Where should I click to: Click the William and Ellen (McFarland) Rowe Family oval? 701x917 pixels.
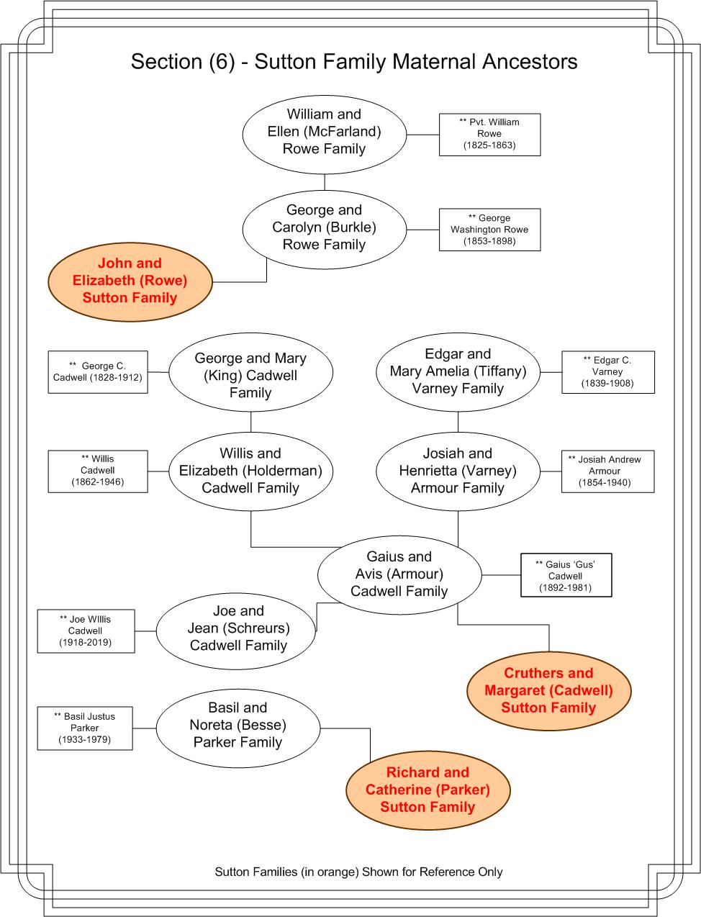(x=324, y=134)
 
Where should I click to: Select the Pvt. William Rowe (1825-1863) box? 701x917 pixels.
(x=489, y=135)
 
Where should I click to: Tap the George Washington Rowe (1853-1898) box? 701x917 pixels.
(x=489, y=230)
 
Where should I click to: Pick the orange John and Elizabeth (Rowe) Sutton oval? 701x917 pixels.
(x=130, y=282)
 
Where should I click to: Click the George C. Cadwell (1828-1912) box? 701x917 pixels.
(x=98, y=372)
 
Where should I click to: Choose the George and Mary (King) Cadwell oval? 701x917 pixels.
(x=250, y=372)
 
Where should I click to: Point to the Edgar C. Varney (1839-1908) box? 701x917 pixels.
(x=608, y=372)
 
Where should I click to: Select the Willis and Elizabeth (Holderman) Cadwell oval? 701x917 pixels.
(x=250, y=471)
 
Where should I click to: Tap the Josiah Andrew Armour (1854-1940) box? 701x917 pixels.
(x=608, y=471)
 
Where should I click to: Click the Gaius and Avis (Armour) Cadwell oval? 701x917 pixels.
(x=399, y=575)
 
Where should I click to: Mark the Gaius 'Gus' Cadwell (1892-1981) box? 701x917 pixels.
(x=566, y=575)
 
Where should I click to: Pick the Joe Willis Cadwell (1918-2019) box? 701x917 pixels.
(x=86, y=631)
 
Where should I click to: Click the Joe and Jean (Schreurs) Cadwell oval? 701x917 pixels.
(x=237, y=631)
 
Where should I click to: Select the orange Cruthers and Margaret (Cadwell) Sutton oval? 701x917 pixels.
(x=549, y=690)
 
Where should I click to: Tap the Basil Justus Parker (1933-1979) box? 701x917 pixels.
(x=85, y=728)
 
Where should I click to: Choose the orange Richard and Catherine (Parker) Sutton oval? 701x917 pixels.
(x=428, y=790)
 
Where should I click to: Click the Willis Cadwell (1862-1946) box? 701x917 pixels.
(x=98, y=471)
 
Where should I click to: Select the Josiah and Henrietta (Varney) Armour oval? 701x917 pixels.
(x=458, y=471)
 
